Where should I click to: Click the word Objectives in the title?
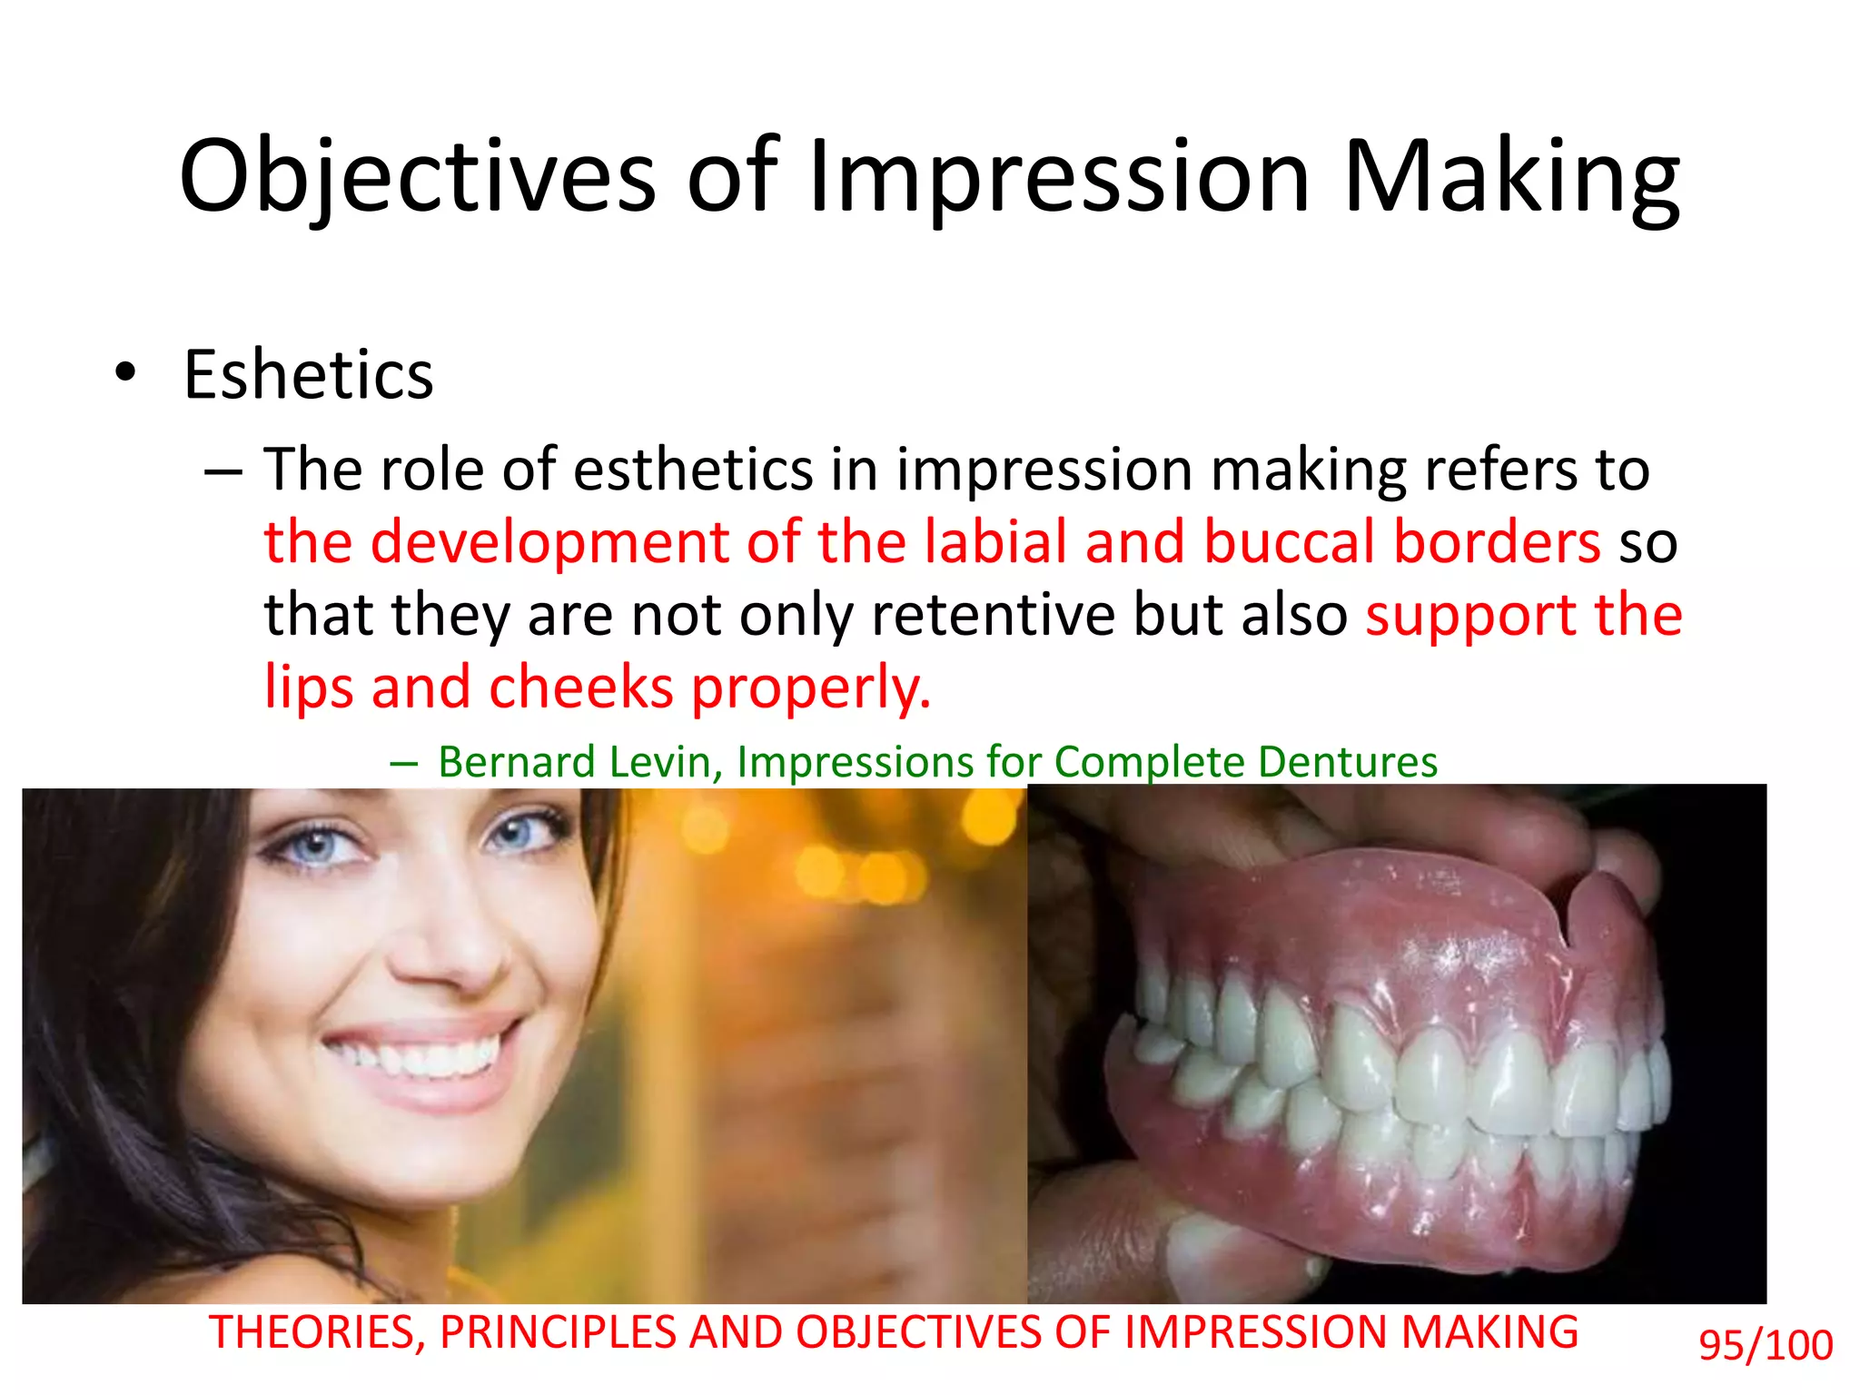[417, 177]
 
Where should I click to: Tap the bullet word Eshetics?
[308, 375]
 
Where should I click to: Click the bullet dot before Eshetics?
[125, 373]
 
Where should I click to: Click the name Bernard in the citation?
[517, 762]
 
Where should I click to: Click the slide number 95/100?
[1766, 1345]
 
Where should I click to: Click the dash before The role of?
[223, 471]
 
